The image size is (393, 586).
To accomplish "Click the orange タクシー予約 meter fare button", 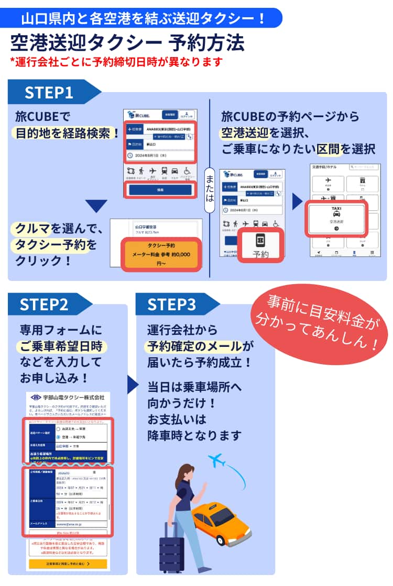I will tap(161, 254).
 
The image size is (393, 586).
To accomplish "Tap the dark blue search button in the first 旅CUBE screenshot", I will tap(160, 190).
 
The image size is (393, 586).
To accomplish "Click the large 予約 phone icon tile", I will tap(260, 245).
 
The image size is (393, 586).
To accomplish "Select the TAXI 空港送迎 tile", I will tap(336, 219).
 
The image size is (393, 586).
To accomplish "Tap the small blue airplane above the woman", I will tap(216, 460).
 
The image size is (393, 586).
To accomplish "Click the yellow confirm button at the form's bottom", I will tap(68, 564).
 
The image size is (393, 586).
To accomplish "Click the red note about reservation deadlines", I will tap(116, 62).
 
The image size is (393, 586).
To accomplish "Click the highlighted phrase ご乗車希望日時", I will tap(61, 346).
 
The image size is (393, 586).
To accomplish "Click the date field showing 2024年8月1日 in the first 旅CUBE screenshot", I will tap(160, 155).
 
